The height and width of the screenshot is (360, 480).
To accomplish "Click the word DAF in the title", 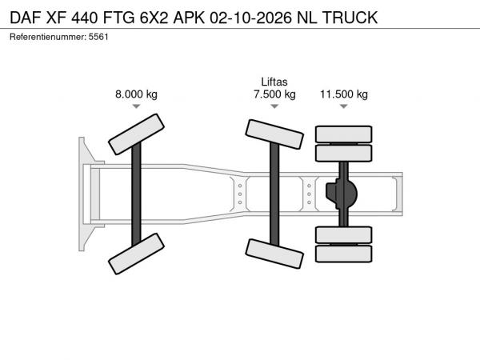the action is coord(26,18).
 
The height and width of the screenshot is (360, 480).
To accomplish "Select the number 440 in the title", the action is coord(85,18).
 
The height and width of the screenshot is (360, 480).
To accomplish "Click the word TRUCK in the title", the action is coord(350,18).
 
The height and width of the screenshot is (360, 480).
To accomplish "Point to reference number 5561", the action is coord(98,37).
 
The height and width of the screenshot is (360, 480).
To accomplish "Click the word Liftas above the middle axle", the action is coord(274,82).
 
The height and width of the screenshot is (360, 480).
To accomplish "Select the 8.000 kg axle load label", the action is coord(136,94).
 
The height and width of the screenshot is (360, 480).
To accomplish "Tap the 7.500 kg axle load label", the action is coord(274,94).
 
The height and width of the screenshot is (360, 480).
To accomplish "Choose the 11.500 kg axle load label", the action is coord(344,94).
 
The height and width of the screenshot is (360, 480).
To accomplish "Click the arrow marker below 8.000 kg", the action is coord(136,106).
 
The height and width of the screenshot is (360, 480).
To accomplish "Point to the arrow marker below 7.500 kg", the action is coord(274,106).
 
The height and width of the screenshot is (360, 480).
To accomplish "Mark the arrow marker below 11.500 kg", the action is coord(344,106).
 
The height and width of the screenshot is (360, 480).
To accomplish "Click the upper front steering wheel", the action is coord(136,134).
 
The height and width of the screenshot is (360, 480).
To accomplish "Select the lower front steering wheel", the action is coord(136,254).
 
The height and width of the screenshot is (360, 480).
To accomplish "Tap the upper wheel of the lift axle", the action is coord(274,134).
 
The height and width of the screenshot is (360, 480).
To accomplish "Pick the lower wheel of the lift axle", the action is coord(274,254).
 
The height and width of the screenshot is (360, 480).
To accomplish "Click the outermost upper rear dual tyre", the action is coord(344,134).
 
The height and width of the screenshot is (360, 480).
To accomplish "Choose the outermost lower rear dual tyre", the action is coord(344,254).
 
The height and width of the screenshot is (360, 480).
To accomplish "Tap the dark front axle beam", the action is coord(136,194).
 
